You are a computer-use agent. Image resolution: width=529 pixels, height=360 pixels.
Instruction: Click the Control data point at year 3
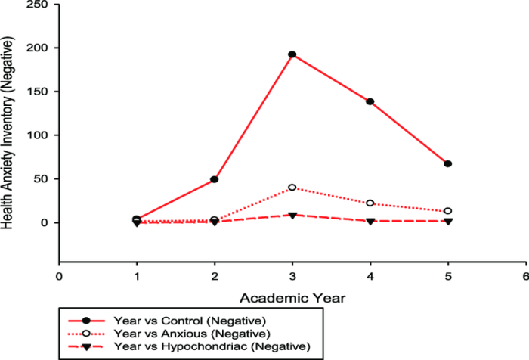(292, 54)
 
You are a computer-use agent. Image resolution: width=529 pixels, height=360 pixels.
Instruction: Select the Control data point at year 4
(370, 101)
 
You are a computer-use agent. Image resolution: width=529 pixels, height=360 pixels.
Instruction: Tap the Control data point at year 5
(448, 163)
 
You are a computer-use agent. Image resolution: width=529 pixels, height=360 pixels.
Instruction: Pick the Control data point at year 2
(214, 179)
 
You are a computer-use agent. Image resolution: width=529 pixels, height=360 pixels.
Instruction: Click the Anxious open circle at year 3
(292, 188)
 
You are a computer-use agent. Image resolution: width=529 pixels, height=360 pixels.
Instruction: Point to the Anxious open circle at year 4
(370, 203)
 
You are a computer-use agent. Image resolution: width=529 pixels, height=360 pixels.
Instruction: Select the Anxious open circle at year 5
(448, 211)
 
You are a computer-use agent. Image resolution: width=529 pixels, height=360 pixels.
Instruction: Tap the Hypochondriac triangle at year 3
(292, 216)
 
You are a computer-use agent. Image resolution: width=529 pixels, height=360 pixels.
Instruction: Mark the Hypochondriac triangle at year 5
(448, 221)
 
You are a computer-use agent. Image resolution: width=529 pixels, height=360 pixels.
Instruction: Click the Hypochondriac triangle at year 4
(370, 221)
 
